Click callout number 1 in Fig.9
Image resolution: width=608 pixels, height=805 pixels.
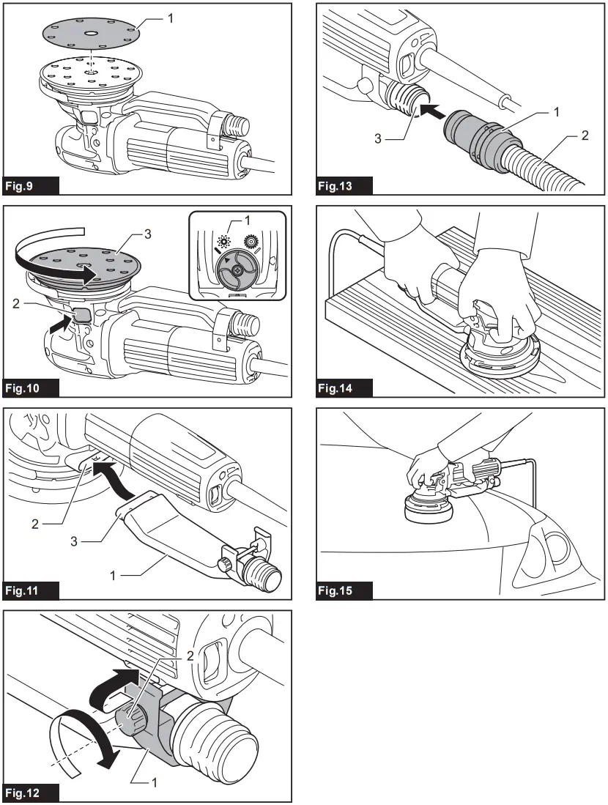[171, 17]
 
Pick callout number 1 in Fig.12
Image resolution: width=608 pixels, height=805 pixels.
[155, 782]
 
